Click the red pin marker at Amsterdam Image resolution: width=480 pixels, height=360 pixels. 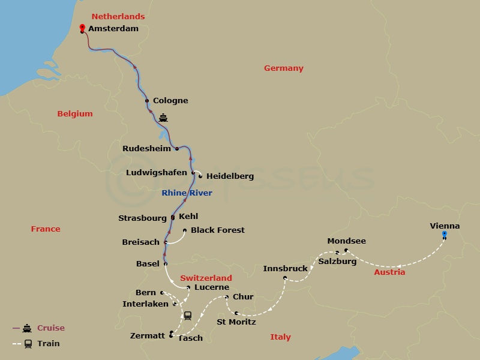[x=82, y=27]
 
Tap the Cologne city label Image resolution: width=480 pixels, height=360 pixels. [x=170, y=101]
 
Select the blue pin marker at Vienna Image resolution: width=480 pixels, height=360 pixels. [x=444, y=233]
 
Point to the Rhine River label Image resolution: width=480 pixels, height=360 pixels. [x=187, y=193]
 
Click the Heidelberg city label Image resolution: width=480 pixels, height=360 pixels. [x=230, y=176]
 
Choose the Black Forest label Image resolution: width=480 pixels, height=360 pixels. [x=218, y=230]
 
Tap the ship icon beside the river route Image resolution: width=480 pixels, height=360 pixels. [x=163, y=118]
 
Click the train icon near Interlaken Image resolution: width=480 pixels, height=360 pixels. [x=188, y=315]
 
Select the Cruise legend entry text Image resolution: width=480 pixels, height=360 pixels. [x=51, y=328]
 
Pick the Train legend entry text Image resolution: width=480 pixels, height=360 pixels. [x=48, y=344]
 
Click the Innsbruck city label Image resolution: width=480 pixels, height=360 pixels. [x=285, y=268]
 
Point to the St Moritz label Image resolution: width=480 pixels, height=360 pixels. [x=236, y=322]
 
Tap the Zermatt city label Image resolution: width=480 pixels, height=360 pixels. [x=147, y=336]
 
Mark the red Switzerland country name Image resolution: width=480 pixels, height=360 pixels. [x=206, y=278]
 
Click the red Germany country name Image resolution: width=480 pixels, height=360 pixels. [x=284, y=68]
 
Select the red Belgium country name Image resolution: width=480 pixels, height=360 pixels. [x=75, y=114]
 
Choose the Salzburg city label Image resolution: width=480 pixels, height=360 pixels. [x=337, y=262]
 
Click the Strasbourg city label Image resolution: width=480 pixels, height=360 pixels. [x=142, y=218]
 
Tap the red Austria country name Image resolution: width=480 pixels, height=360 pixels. [x=389, y=272]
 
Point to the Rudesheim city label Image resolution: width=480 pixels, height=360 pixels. [x=146, y=149]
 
